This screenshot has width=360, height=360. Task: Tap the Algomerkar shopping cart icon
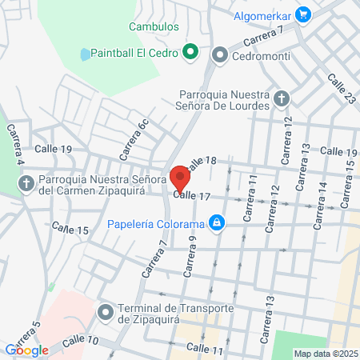[302, 14]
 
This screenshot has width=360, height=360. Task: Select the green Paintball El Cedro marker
[190, 54]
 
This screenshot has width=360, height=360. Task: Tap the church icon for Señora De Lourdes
[281, 98]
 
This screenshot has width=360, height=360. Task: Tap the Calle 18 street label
[201, 162]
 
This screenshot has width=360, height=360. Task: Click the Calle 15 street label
[70, 230]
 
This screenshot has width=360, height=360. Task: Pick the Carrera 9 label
[190, 255]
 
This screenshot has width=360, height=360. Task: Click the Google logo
[26, 350]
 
